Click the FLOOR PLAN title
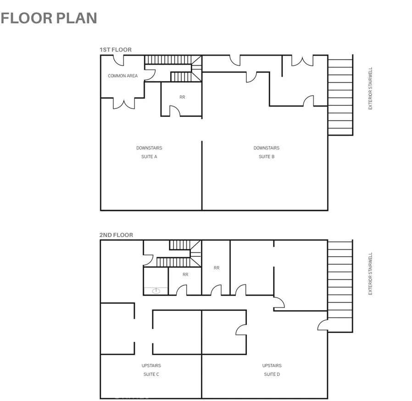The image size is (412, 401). click(49, 18)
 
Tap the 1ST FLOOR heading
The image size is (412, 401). click(116, 50)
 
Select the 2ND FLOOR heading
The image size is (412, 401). click(116, 235)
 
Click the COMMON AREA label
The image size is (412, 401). click(122, 76)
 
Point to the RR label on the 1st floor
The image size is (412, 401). click(182, 97)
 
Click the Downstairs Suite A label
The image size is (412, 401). click(149, 152)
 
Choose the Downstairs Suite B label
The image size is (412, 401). click(266, 152)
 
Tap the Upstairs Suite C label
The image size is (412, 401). click(151, 370)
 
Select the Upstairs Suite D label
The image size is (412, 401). click(272, 370)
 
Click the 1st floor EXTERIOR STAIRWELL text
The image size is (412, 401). click(371, 89)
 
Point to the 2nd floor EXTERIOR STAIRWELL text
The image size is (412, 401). click(371, 274)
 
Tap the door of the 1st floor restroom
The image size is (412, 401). click(174, 111)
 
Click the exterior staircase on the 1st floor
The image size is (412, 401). click(340, 95)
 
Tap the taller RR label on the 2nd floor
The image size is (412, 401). click(216, 267)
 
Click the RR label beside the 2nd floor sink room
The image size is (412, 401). click(185, 275)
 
